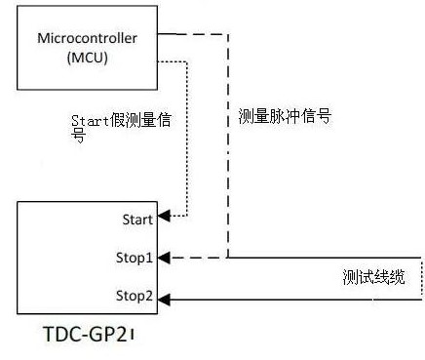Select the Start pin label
[135, 220]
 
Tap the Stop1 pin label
[134, 258]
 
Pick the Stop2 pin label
[134, 295]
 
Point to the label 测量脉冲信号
[285, 116]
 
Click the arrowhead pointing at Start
[165, 214]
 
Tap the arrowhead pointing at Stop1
[165, 259]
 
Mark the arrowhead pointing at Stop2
[165, 298]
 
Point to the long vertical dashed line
[228, 146]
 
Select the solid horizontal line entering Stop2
[292, 298]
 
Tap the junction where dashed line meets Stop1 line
[228, 259]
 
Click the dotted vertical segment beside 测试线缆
[421, 278]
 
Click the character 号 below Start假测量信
[78, 137]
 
